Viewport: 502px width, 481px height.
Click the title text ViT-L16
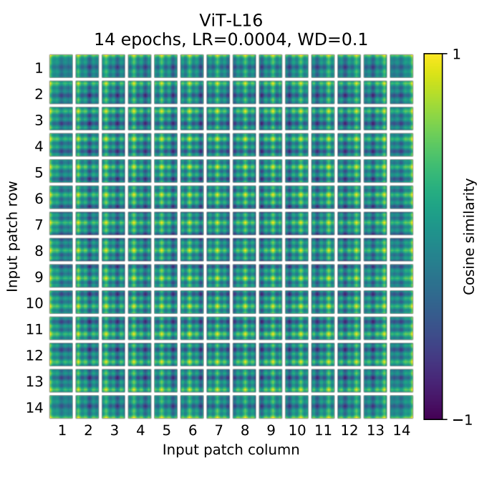coord(231,21)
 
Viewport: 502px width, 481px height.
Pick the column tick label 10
coord(296,431)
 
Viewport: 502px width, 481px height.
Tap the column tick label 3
coord(114,431)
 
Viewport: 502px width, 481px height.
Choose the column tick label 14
coord(401,431)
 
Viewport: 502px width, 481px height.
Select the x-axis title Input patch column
coord(231,450)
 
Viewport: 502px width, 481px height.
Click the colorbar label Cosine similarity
coord(470,237)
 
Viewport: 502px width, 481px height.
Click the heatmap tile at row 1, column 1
coord(62,67)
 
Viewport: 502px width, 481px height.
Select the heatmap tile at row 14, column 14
coord(401,406)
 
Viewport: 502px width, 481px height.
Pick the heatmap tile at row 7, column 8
coord(244,224)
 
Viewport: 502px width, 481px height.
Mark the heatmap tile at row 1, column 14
coord(401,67)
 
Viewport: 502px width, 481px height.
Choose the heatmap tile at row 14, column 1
coord(62,406)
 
